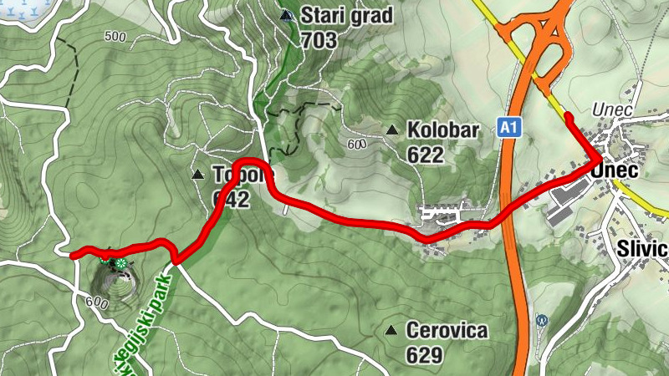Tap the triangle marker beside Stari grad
[286, 15]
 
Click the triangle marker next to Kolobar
[391, 130]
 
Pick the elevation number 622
[425, 155]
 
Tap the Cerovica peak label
[447, 331]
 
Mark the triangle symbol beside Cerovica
[390, 330]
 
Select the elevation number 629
[425, 356]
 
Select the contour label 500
[115, 37]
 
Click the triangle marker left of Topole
[198, 175]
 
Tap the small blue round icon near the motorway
[542, 319]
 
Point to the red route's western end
[73, 256]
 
